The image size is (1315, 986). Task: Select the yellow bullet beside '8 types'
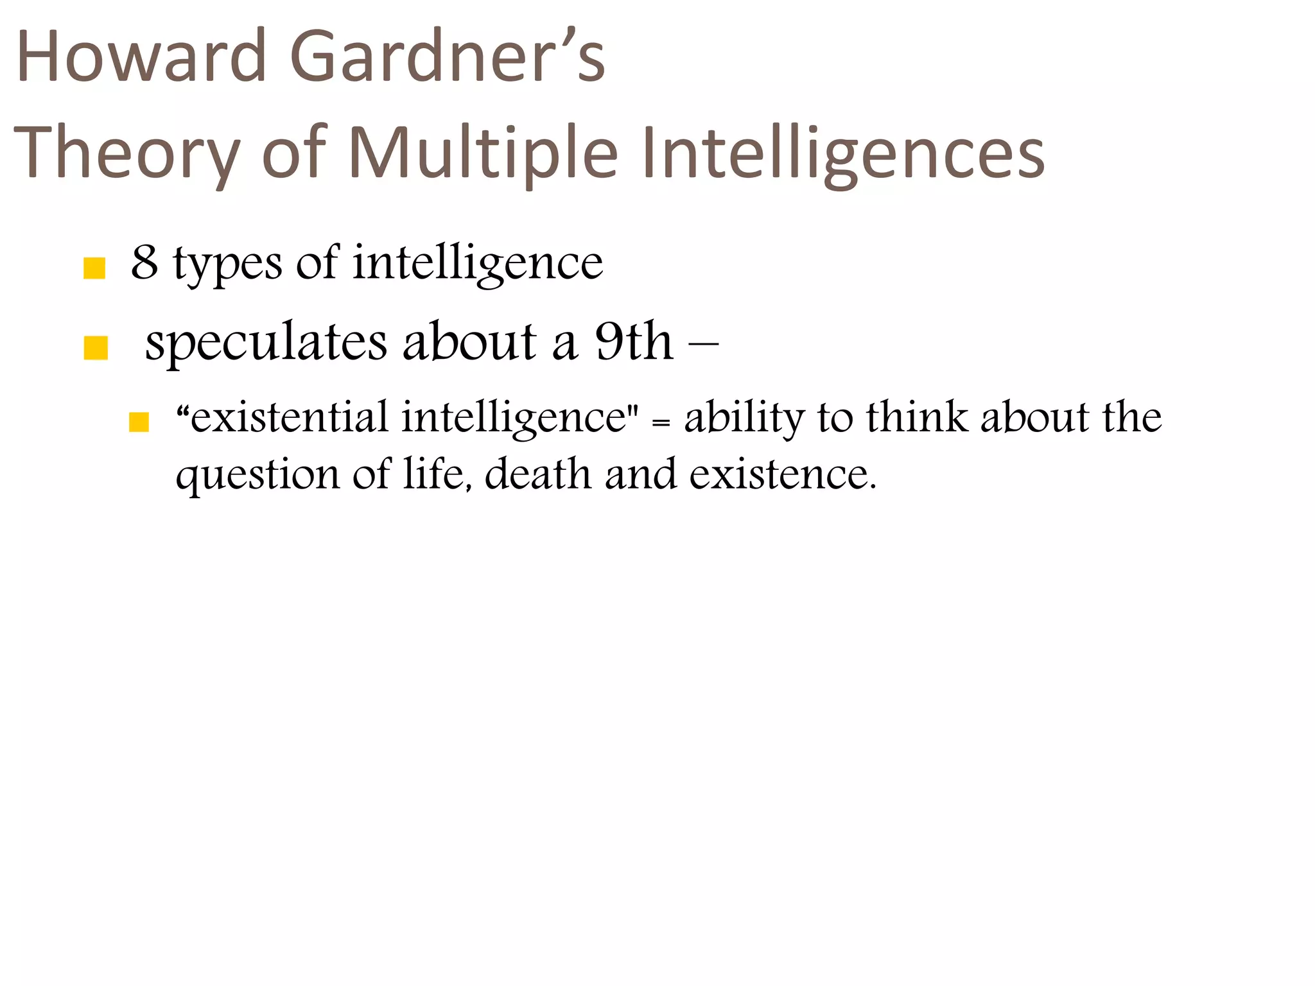pos(94,268)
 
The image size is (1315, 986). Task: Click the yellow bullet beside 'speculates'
pos(96,349)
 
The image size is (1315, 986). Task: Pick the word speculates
pos(266,343)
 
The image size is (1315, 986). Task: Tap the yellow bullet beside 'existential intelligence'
pos(139,422)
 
